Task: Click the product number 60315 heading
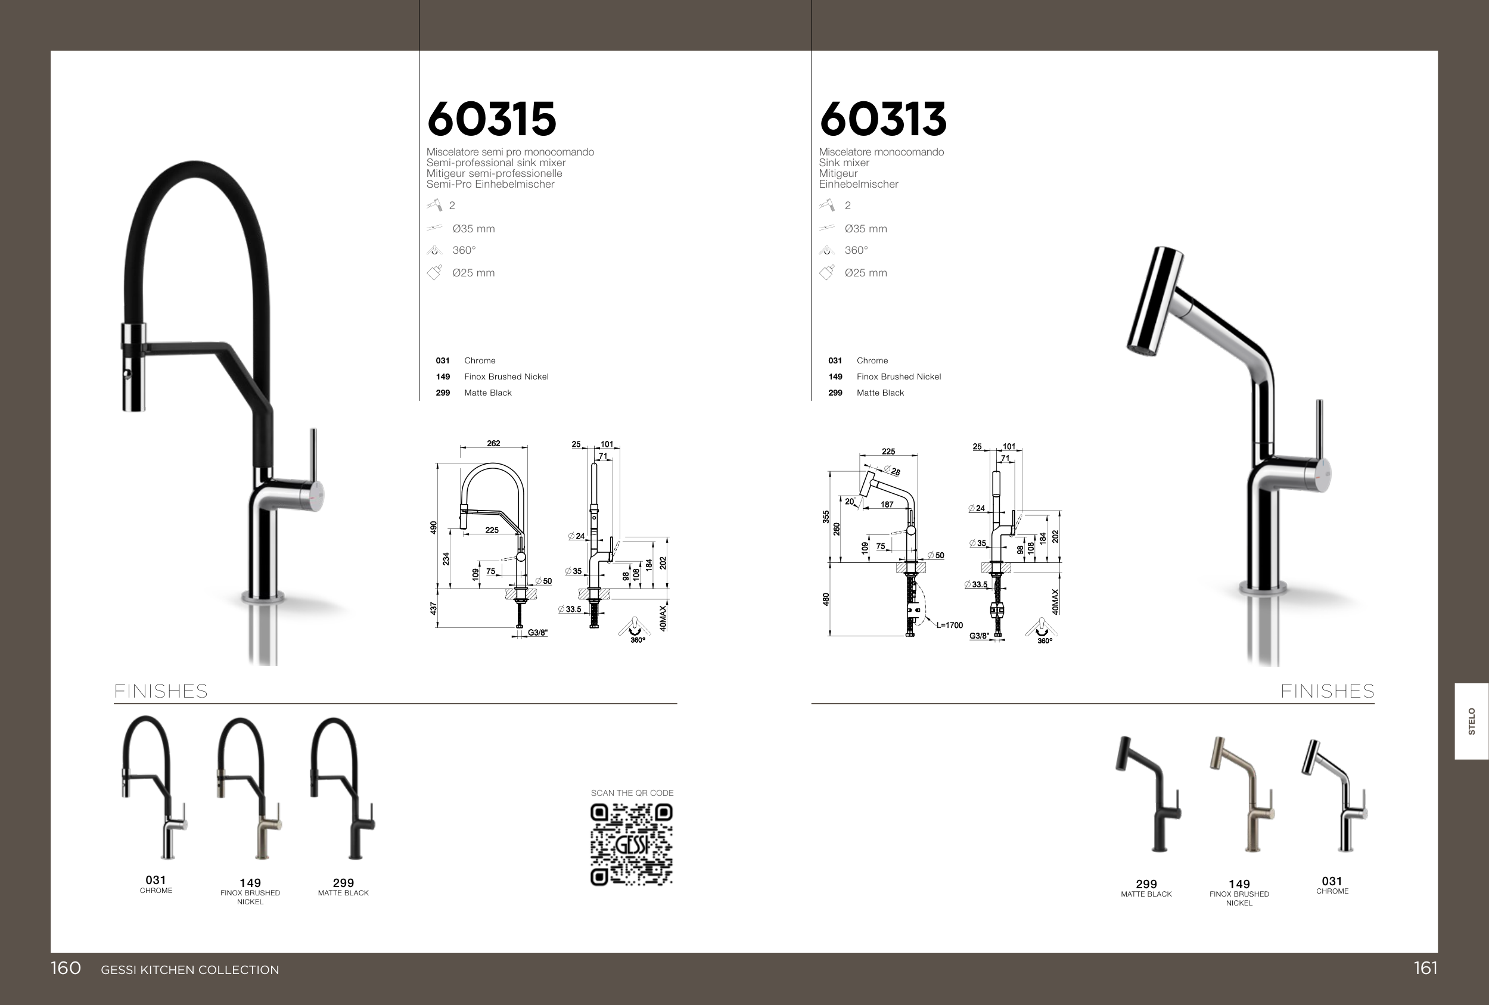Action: [x=492, y=119]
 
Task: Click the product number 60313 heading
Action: [x=883, y=119]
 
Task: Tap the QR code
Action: [x=631, y=845]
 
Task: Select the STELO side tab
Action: [x=1472, y=721]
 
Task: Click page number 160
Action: [x=66, y=968]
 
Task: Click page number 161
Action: [x=1426, y=968]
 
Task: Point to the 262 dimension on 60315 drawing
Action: [x=493, y=443]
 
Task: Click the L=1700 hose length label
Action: [x=950, y=625]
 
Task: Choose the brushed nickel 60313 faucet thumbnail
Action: [x=1242, y=794]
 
